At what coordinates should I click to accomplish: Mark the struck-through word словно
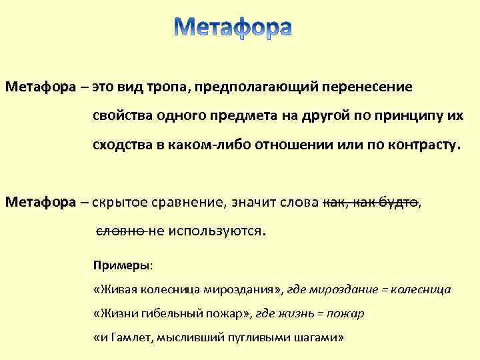pos(121,231)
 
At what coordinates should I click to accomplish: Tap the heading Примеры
pos(122,265)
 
